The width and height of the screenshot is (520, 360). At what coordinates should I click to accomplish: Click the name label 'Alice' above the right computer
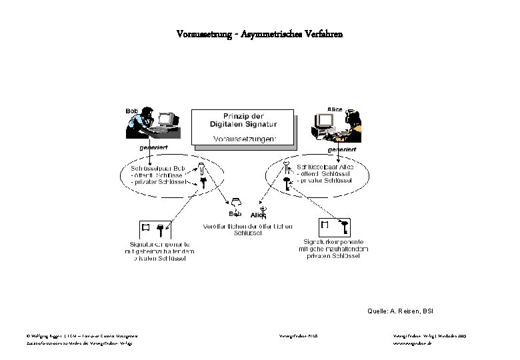[335, 109]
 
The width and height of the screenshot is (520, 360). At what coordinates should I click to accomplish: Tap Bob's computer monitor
[166, 120]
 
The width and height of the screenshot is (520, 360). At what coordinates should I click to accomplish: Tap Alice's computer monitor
[325, 120]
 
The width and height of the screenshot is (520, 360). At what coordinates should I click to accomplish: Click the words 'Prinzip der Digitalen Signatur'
[245, 119]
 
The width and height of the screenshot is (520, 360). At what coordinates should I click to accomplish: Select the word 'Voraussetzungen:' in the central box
[245, 139]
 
